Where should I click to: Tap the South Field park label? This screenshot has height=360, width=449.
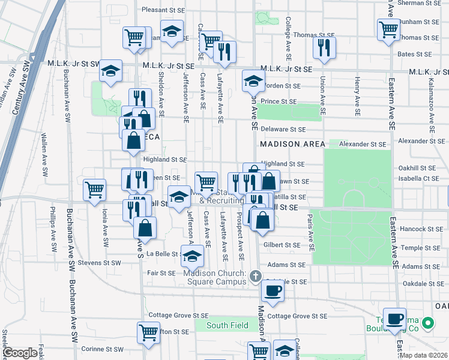pos(219,325)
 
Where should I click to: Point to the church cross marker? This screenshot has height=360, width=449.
pos(256,277)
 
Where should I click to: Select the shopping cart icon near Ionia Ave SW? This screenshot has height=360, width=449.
pos(95,190)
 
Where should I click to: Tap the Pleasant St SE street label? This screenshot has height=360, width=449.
pos(164,10)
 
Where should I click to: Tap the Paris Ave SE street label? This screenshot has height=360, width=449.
pos(311,232)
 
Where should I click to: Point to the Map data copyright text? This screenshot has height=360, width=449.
pos(423,355)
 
